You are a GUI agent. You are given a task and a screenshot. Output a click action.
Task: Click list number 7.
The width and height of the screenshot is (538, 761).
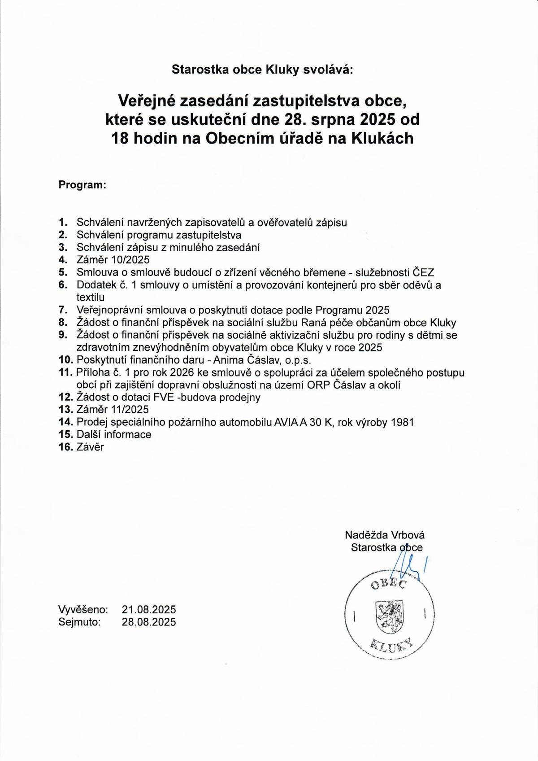(63, 310)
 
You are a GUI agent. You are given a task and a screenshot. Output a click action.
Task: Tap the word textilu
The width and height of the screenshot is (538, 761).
(91, 297)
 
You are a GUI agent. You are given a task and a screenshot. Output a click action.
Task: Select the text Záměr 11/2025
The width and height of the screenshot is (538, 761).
(113, 410)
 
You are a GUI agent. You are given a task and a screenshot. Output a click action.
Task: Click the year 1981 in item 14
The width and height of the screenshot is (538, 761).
(401, 422)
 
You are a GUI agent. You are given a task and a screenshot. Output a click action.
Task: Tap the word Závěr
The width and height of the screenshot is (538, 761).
(90, 447)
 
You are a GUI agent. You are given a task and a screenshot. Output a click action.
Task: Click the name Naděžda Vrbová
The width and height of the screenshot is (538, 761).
(385, 535)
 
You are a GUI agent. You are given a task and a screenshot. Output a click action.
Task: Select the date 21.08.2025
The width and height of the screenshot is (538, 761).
(149, 610)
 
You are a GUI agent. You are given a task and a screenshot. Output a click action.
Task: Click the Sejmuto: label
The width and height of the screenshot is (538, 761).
(79, 622)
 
